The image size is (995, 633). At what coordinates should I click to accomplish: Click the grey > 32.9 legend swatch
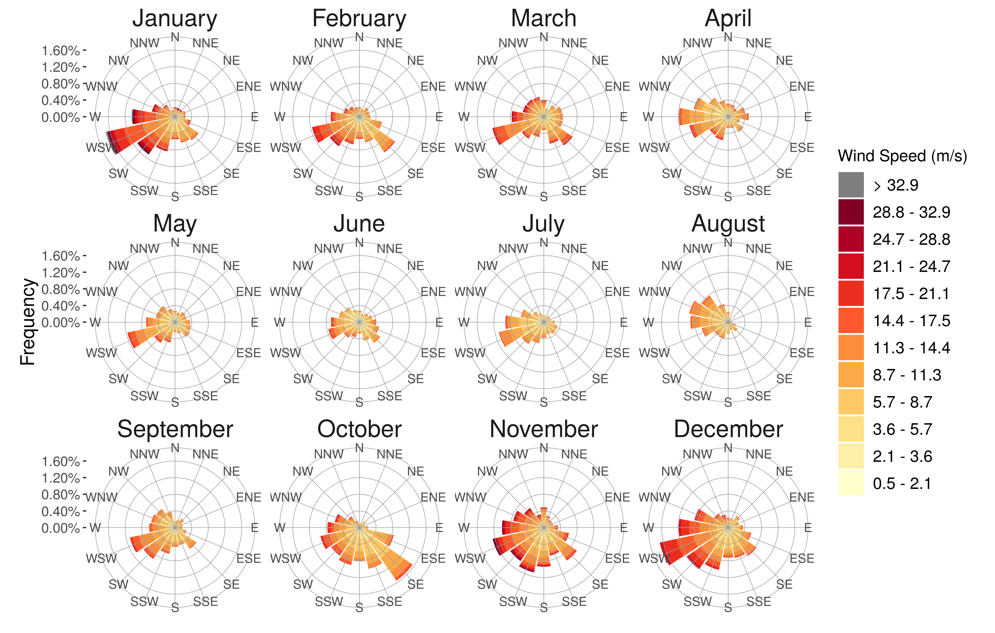tap(851, 185)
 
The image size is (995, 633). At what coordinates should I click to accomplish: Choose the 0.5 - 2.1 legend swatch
tap(851, 483)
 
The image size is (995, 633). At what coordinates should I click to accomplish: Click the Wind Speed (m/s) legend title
tap(902, 156)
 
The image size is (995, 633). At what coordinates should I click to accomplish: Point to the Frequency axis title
tap(28, 322)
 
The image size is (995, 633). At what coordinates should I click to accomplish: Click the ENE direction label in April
tap(802, 87)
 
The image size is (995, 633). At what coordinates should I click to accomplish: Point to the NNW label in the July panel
tap(513, 249)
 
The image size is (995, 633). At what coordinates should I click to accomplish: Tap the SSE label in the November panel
tap(574, 602)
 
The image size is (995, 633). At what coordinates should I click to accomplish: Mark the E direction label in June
tap(439, 322)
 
